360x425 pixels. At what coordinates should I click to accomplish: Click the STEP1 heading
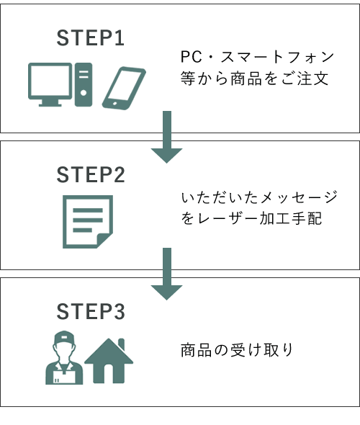[x=91, y=37]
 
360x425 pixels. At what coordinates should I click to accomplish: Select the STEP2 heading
[x=91, y=174]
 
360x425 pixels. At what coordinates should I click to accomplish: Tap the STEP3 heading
[x=91, y=311]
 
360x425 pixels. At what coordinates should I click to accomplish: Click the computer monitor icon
[x=50, y=84]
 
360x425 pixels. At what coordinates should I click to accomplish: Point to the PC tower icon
[x=84, y=84]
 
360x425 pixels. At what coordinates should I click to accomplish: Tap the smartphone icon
[x=124, y=89]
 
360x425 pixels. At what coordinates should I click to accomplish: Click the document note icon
[x=88, y=222]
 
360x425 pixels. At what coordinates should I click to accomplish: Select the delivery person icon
[x=64, y=357]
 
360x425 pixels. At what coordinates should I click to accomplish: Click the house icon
[x=109, y=361]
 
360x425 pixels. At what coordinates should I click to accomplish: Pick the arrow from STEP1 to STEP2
[x=167, y=137]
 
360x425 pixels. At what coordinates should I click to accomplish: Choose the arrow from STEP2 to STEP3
[x=167, y=274]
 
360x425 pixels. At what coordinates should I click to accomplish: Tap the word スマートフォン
[x=277, y=57]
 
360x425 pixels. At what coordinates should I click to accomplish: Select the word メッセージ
[x=299, y=197]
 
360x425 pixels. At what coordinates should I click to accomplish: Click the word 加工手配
[x=291, y=218]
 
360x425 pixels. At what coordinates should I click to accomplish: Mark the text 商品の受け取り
[x=237, y=350]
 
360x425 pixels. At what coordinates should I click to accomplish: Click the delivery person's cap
[x=64, y=337]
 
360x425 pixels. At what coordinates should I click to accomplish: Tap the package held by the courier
[x=64, y=377]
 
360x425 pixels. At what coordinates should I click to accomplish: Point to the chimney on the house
[x=122, y=344]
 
